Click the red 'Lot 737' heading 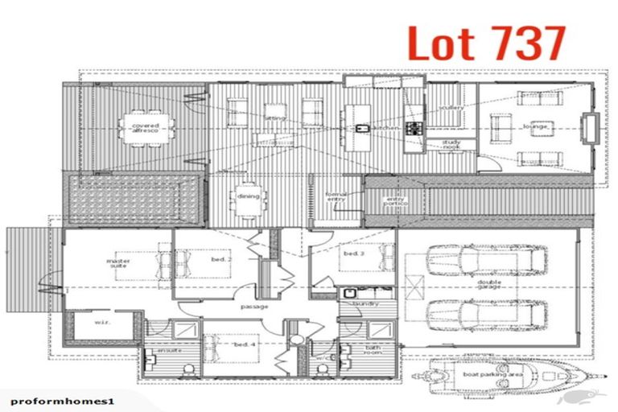(485, 44)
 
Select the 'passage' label (254, 307)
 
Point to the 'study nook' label (451, 146)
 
